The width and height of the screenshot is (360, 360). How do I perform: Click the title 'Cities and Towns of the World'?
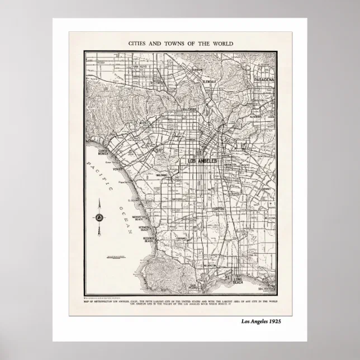181,43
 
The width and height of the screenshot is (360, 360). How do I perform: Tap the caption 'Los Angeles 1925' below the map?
261,321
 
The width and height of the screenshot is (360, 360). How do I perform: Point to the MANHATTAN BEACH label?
138,217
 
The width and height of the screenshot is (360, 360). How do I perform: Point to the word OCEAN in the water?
126,215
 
